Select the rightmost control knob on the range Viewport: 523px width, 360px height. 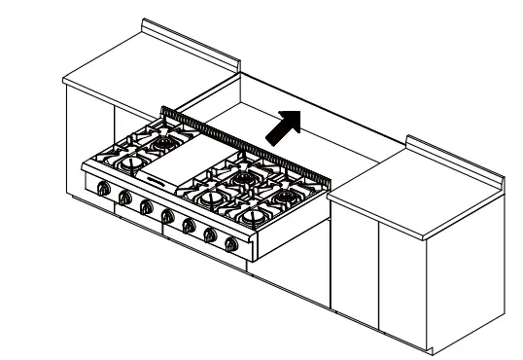click(230, 243)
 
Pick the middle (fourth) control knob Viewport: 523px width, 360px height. click(166, 216)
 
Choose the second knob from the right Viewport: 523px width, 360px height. click(210, 234)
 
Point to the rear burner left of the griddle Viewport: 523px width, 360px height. click(161, 144)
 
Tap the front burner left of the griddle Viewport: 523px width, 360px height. click(131, 162)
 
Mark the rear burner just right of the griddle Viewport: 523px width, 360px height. click(239, 178)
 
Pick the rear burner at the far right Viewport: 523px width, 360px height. click(284, 196)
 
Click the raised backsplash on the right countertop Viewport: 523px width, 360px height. click(457, 159)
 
